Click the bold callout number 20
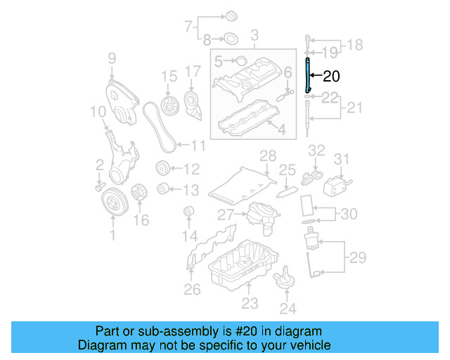click(331, 77)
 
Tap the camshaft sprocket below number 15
click(169, 107)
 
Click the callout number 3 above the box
click(254, 34)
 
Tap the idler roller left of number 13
click(162, 188)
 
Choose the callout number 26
click(192, 288)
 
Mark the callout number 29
click(357, 257)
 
